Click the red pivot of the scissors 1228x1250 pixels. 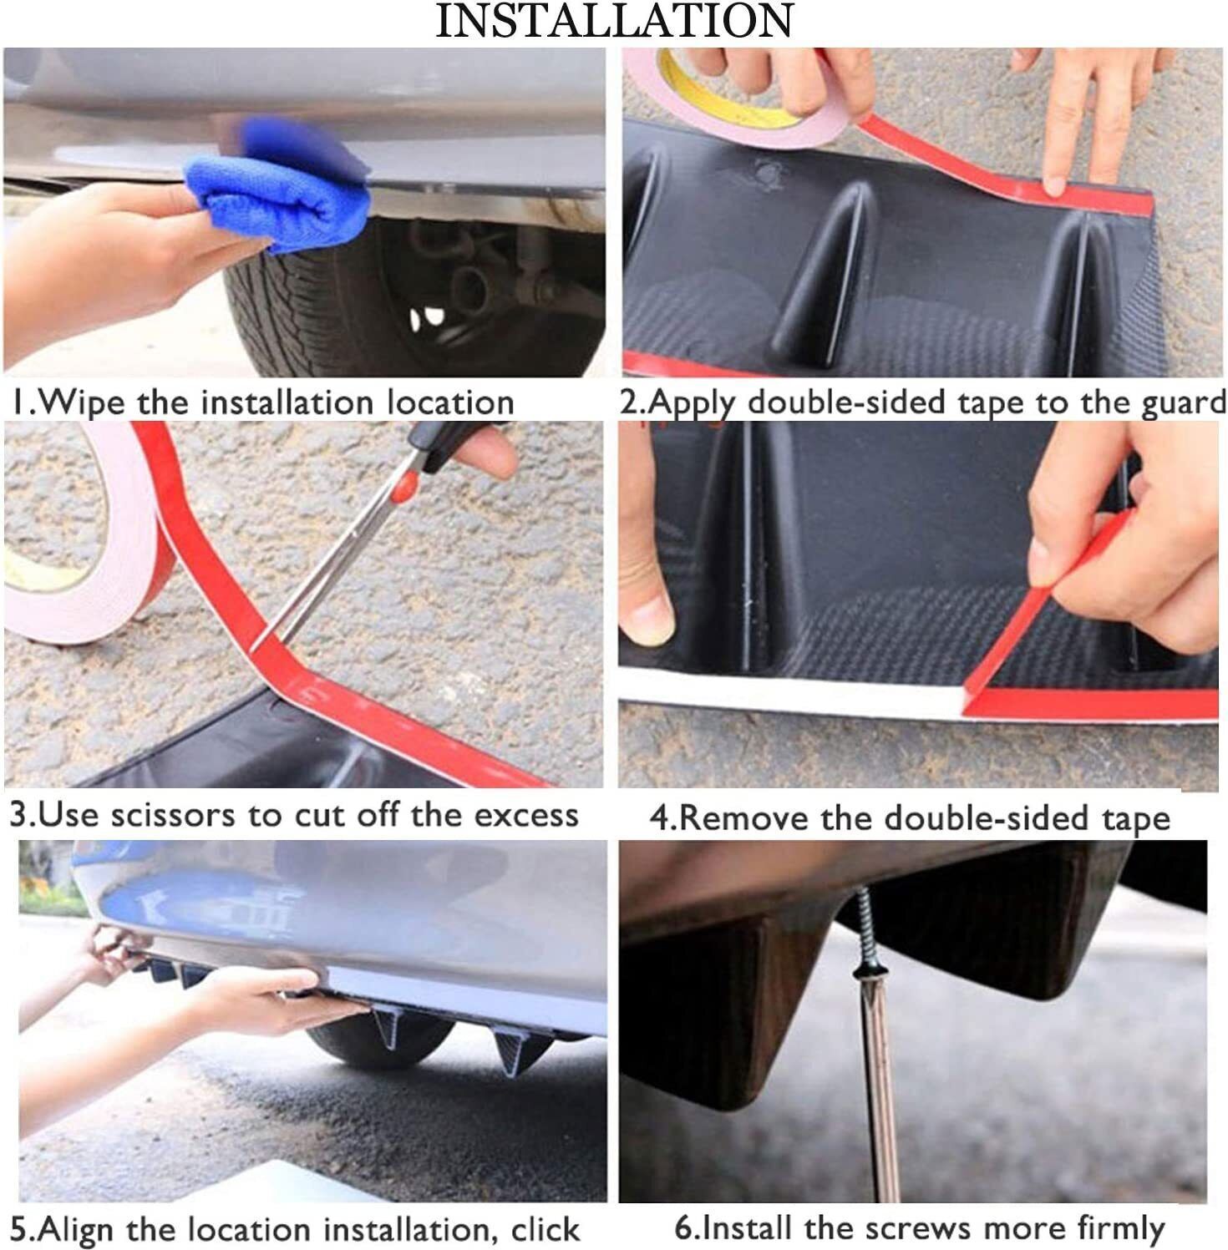[x=404, y=488]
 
